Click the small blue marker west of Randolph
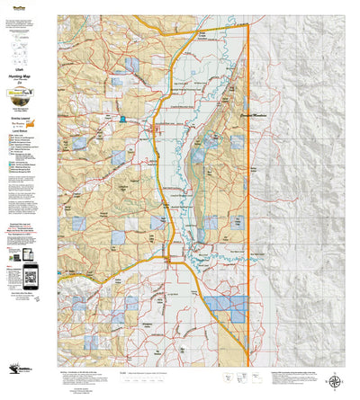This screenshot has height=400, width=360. click(x=122, y=119)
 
